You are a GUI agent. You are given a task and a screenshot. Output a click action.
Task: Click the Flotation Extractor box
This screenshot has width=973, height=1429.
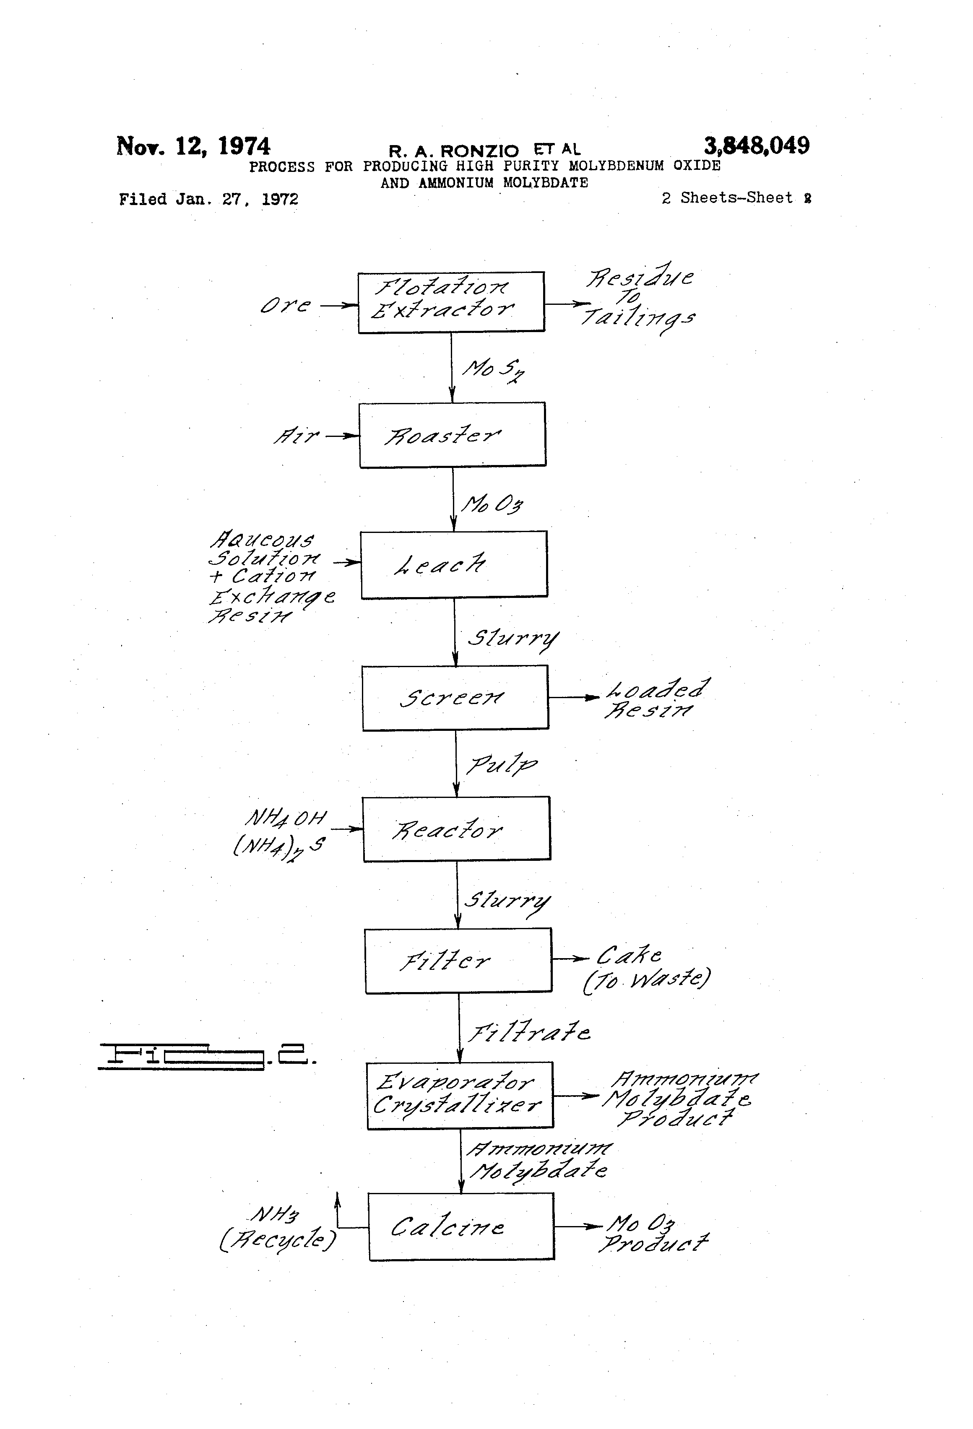click(x=451, y=302)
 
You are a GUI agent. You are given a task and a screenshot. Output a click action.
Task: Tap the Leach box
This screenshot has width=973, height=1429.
click(x=453, y=564)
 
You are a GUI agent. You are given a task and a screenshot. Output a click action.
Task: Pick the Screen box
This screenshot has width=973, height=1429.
click(x=455, y=697)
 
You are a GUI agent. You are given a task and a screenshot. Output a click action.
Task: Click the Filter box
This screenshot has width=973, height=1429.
click(x=458, y=961)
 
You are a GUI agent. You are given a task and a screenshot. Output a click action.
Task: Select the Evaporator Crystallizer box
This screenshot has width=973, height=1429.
click(x=459, y=1095)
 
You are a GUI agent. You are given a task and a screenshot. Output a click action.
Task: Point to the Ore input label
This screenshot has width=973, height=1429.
click(x=285, y=305)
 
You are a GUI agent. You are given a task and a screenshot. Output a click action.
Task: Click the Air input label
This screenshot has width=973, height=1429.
click(x=297, y=436)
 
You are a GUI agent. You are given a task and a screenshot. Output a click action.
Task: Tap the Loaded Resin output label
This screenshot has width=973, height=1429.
click(x=656, y=698)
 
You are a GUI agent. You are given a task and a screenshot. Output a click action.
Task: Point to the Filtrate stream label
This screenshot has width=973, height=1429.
click(x=529, y=1032)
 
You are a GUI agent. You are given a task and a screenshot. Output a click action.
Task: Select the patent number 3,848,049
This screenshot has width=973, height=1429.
click(x=757, y=146)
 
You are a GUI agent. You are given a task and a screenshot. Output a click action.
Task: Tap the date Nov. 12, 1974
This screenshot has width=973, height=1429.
click(x=193, y=146)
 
